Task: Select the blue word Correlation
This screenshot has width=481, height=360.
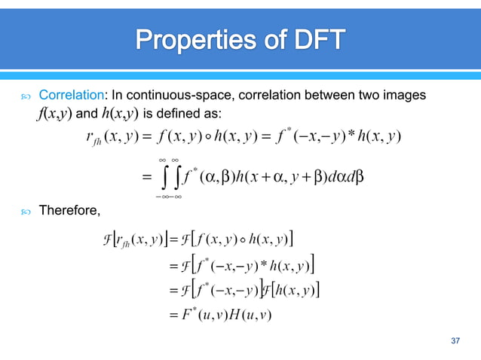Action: click(x=72, y=96)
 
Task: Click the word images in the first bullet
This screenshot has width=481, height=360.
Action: click(x=403, y=96)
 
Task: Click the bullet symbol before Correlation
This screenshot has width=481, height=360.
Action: click(x=26, y=96)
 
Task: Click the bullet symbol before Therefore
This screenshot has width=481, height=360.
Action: click(x=26, y=210)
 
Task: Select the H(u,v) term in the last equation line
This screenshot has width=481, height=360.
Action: click(x=247, y=313)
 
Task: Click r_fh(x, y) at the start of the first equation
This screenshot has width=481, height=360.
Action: click(x=111, y=137)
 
